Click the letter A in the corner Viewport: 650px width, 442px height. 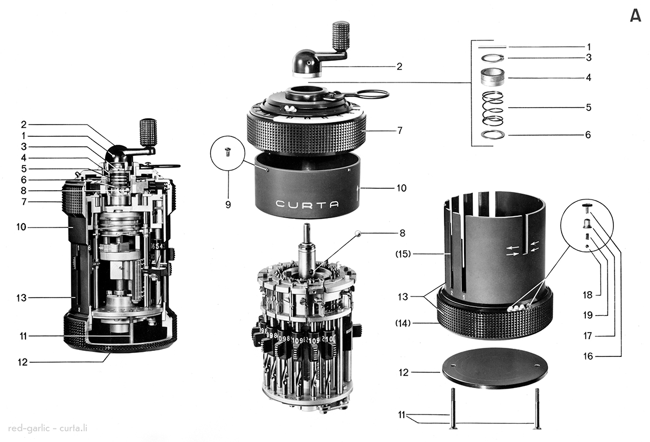[x=635, y=16]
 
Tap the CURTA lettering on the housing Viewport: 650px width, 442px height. [x=308, y=204]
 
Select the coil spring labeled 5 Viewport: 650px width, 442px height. [x=492, y=108]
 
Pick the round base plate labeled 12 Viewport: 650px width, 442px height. [x=494, y=368]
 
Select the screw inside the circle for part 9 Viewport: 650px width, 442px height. [x=227, y=152]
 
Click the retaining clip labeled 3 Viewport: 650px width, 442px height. [x=492, y=58]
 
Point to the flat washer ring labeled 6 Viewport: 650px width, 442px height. [x=493, y=134]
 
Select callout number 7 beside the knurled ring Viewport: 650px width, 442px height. [x=399, y=131]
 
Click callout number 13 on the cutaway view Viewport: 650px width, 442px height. [x=22, y=297]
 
